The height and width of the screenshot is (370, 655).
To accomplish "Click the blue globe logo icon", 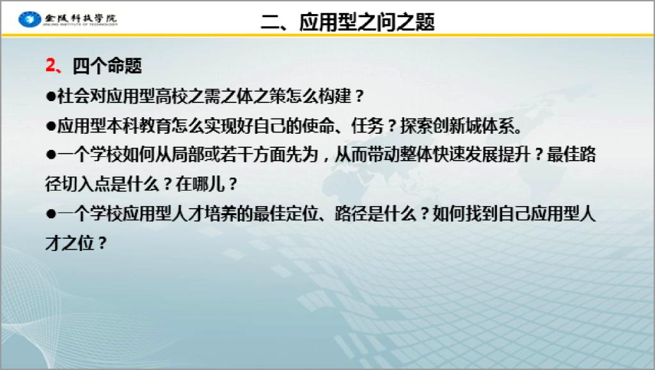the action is click(x=29, y=19).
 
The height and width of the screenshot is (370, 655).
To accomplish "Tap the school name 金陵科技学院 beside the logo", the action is click(x=81, y=18).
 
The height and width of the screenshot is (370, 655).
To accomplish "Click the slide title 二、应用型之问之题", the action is click(x=348, y=22).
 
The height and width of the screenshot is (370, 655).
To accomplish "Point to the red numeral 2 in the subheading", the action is click(x=51, y=66).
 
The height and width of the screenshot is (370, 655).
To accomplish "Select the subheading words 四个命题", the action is click(x=107, y=66).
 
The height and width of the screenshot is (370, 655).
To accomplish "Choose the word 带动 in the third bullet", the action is click(x=384, y=155).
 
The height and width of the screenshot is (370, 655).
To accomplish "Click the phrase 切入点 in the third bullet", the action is click(x=86, y=184).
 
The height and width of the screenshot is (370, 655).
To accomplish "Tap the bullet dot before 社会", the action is click(x=51, y=97).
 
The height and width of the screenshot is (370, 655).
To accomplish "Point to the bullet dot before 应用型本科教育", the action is click(x=51, y=126).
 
